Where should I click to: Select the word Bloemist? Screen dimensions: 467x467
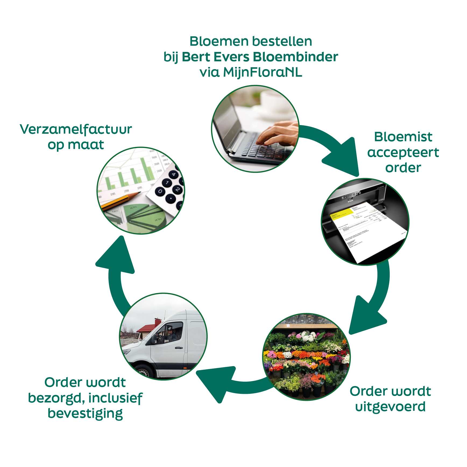point(403,137)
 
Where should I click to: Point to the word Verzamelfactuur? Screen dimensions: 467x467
point(76,129)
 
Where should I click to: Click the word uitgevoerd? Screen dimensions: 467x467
point(390,406)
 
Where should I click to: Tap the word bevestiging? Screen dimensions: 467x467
point(85,414)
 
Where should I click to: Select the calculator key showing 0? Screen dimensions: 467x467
point(160,191)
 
